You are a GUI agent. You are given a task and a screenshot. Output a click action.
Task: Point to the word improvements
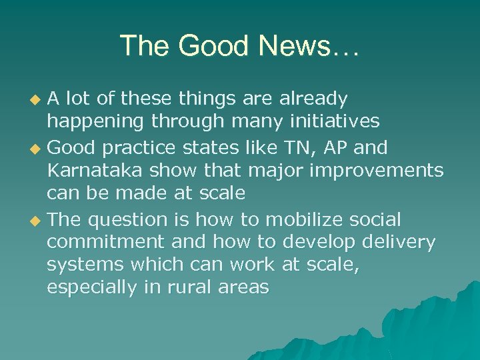[377, 171]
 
